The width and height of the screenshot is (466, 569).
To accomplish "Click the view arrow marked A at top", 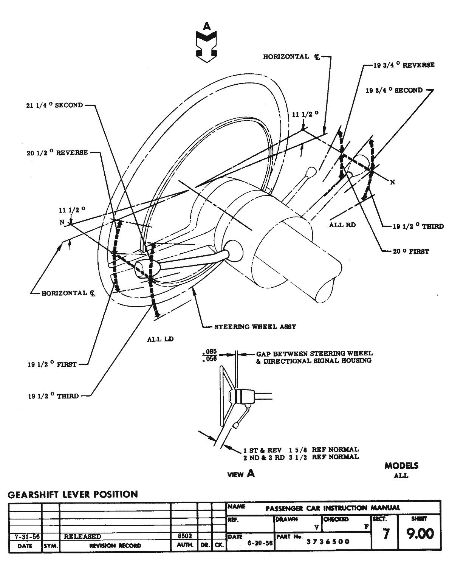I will (206, 43).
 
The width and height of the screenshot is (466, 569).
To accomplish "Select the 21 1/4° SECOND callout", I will (52, 105).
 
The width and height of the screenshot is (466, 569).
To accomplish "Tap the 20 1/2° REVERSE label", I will (57, 153).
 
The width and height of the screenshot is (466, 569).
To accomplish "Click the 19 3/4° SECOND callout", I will (394, 90).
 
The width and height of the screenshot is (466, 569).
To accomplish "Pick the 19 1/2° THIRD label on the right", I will (418, 226).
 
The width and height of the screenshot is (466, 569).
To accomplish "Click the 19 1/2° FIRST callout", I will (52, 364).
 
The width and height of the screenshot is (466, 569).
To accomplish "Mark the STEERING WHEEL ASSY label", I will (255, 327).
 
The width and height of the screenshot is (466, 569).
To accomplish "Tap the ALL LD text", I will (160, 339).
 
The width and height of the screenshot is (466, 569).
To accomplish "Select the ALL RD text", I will (342, 225).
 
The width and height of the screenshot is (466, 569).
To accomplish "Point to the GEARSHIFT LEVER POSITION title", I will (73, 494).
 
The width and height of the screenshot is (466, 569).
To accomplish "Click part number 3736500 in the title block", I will (328, 542).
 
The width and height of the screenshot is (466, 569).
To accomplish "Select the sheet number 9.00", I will (420, 534).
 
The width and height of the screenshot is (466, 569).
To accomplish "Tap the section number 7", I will (385, 534).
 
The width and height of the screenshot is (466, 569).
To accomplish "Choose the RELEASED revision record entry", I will (82, 536).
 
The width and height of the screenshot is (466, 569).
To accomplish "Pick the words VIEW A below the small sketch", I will (241, 473).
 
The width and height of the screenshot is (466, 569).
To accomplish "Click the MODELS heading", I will (401, 466).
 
